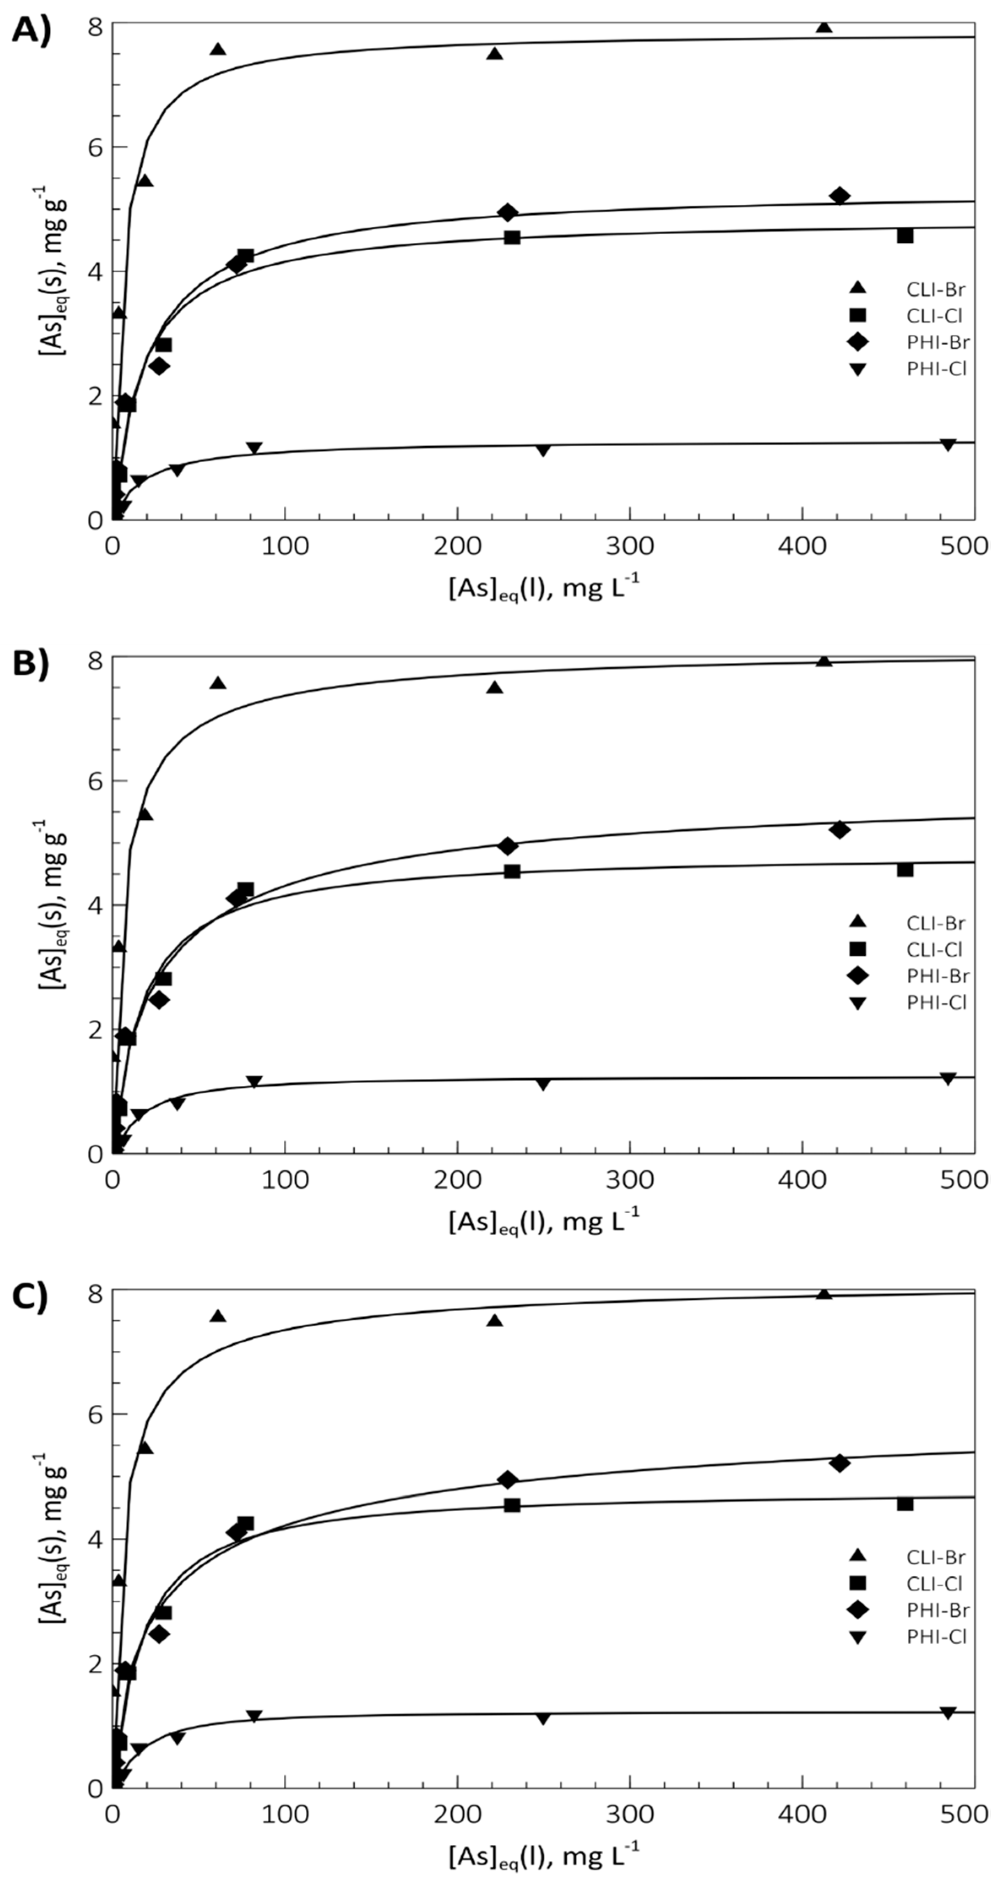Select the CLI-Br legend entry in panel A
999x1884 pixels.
coord(907,289)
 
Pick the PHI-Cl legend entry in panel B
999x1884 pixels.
coord(907,1002)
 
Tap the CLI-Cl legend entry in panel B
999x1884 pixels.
coord(907,949)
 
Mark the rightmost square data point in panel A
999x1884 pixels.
coord(905,236)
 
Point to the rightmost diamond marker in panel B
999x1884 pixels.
coord(839,830)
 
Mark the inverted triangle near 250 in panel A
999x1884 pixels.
coord(543,450)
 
